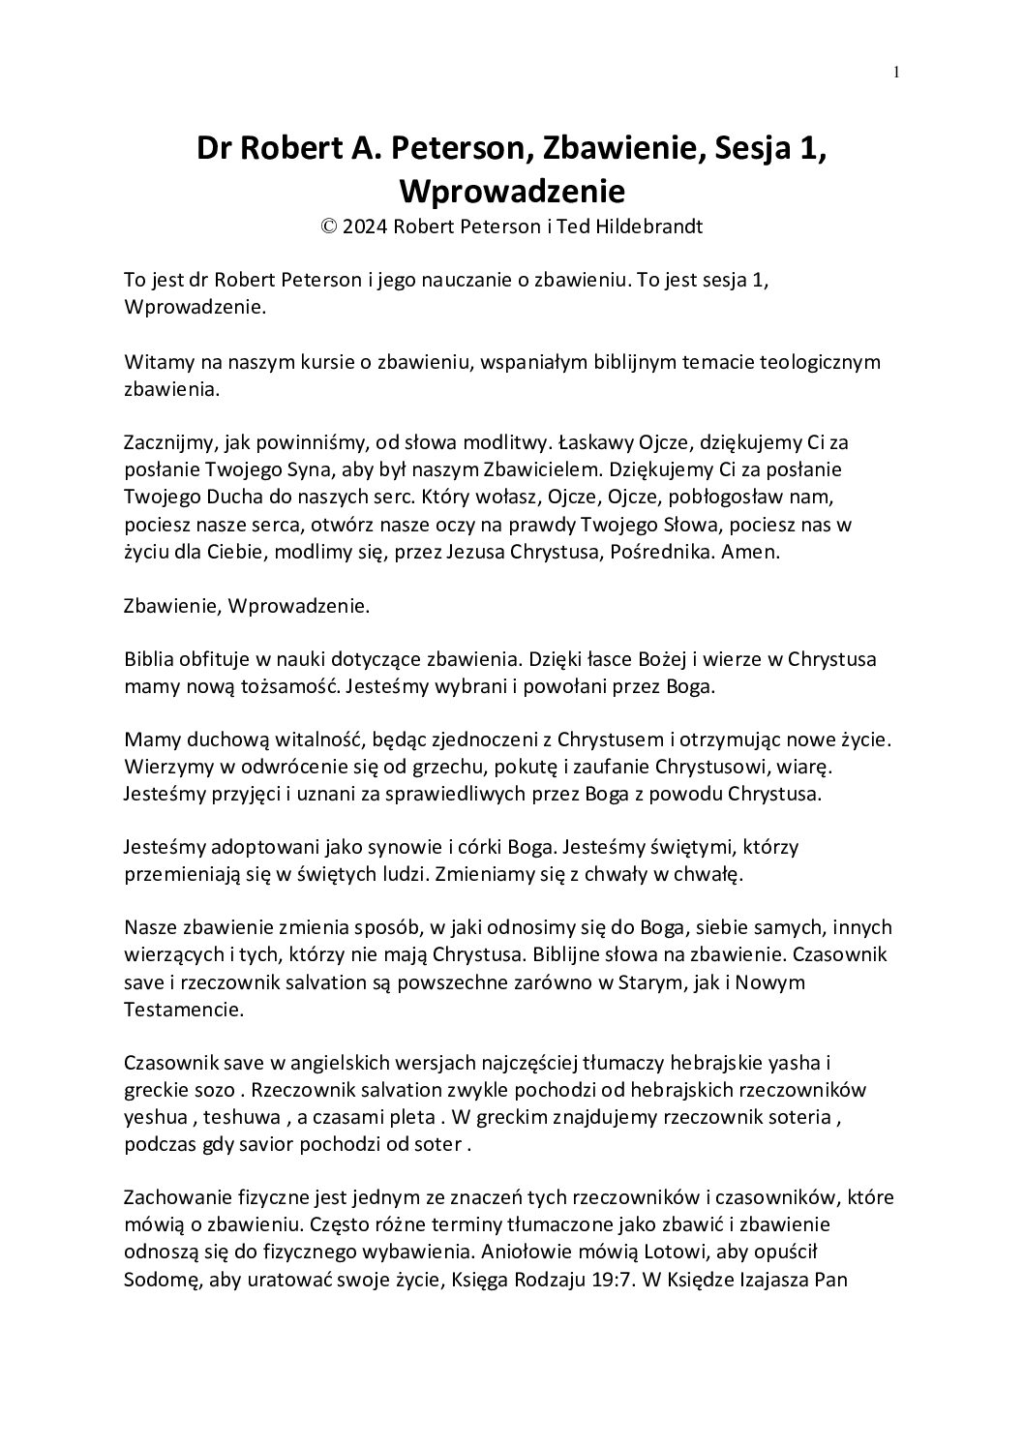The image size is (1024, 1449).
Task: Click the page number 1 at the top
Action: (896, 71)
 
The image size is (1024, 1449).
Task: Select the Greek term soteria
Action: (800, 1117)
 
